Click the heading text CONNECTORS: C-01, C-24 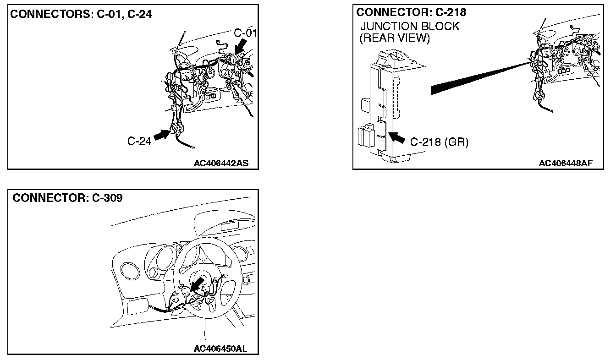click(81, 14)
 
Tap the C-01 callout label click(245, 33)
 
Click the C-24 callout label click(139, 141)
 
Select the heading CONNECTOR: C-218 click(411, 12)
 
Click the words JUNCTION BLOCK click(410, 26)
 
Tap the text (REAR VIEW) click(395, 38)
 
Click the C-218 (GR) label click(439, 142)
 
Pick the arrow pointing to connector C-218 click(397, 137)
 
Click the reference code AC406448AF click(565, 163)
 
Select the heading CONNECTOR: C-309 click(67, 198)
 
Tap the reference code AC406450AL click(221, 349)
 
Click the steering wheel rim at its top click(205, 239)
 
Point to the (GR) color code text click(456, 142)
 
